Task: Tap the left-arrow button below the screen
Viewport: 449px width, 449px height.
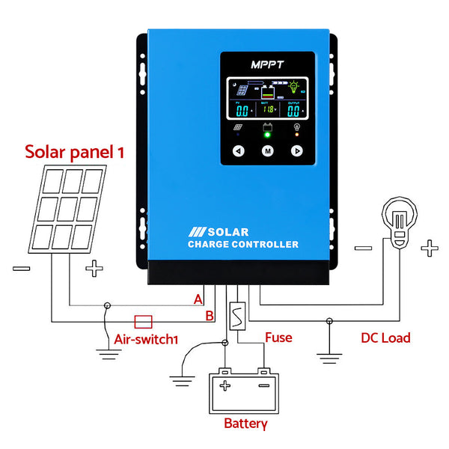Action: [x=238, y=150]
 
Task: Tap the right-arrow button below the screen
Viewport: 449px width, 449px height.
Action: [x=296, y=150]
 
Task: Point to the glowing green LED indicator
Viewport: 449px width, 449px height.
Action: [x=267, y=136]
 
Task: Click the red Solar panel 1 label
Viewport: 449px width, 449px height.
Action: [x=75, y=152]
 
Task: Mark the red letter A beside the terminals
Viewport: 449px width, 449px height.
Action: [x=198, y=299]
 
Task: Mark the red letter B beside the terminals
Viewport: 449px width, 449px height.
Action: [x=210, y=316]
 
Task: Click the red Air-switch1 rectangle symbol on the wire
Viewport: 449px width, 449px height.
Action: [x=143, y=321]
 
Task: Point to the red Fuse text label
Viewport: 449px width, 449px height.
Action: [x=278, y=337]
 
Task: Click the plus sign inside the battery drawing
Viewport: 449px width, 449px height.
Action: [x=224, y=385]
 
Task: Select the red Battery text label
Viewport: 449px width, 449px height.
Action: [x=245, y=424]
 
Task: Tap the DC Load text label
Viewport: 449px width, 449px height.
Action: [x=385, y=337]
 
